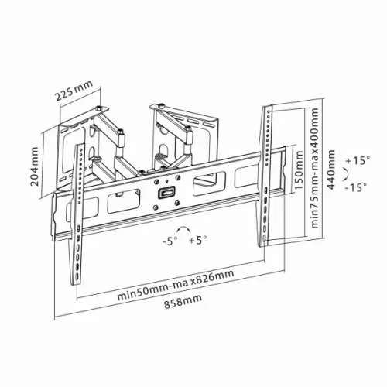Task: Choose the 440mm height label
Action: (x=333, y=179)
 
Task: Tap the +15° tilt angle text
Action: (x=359, y=161)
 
